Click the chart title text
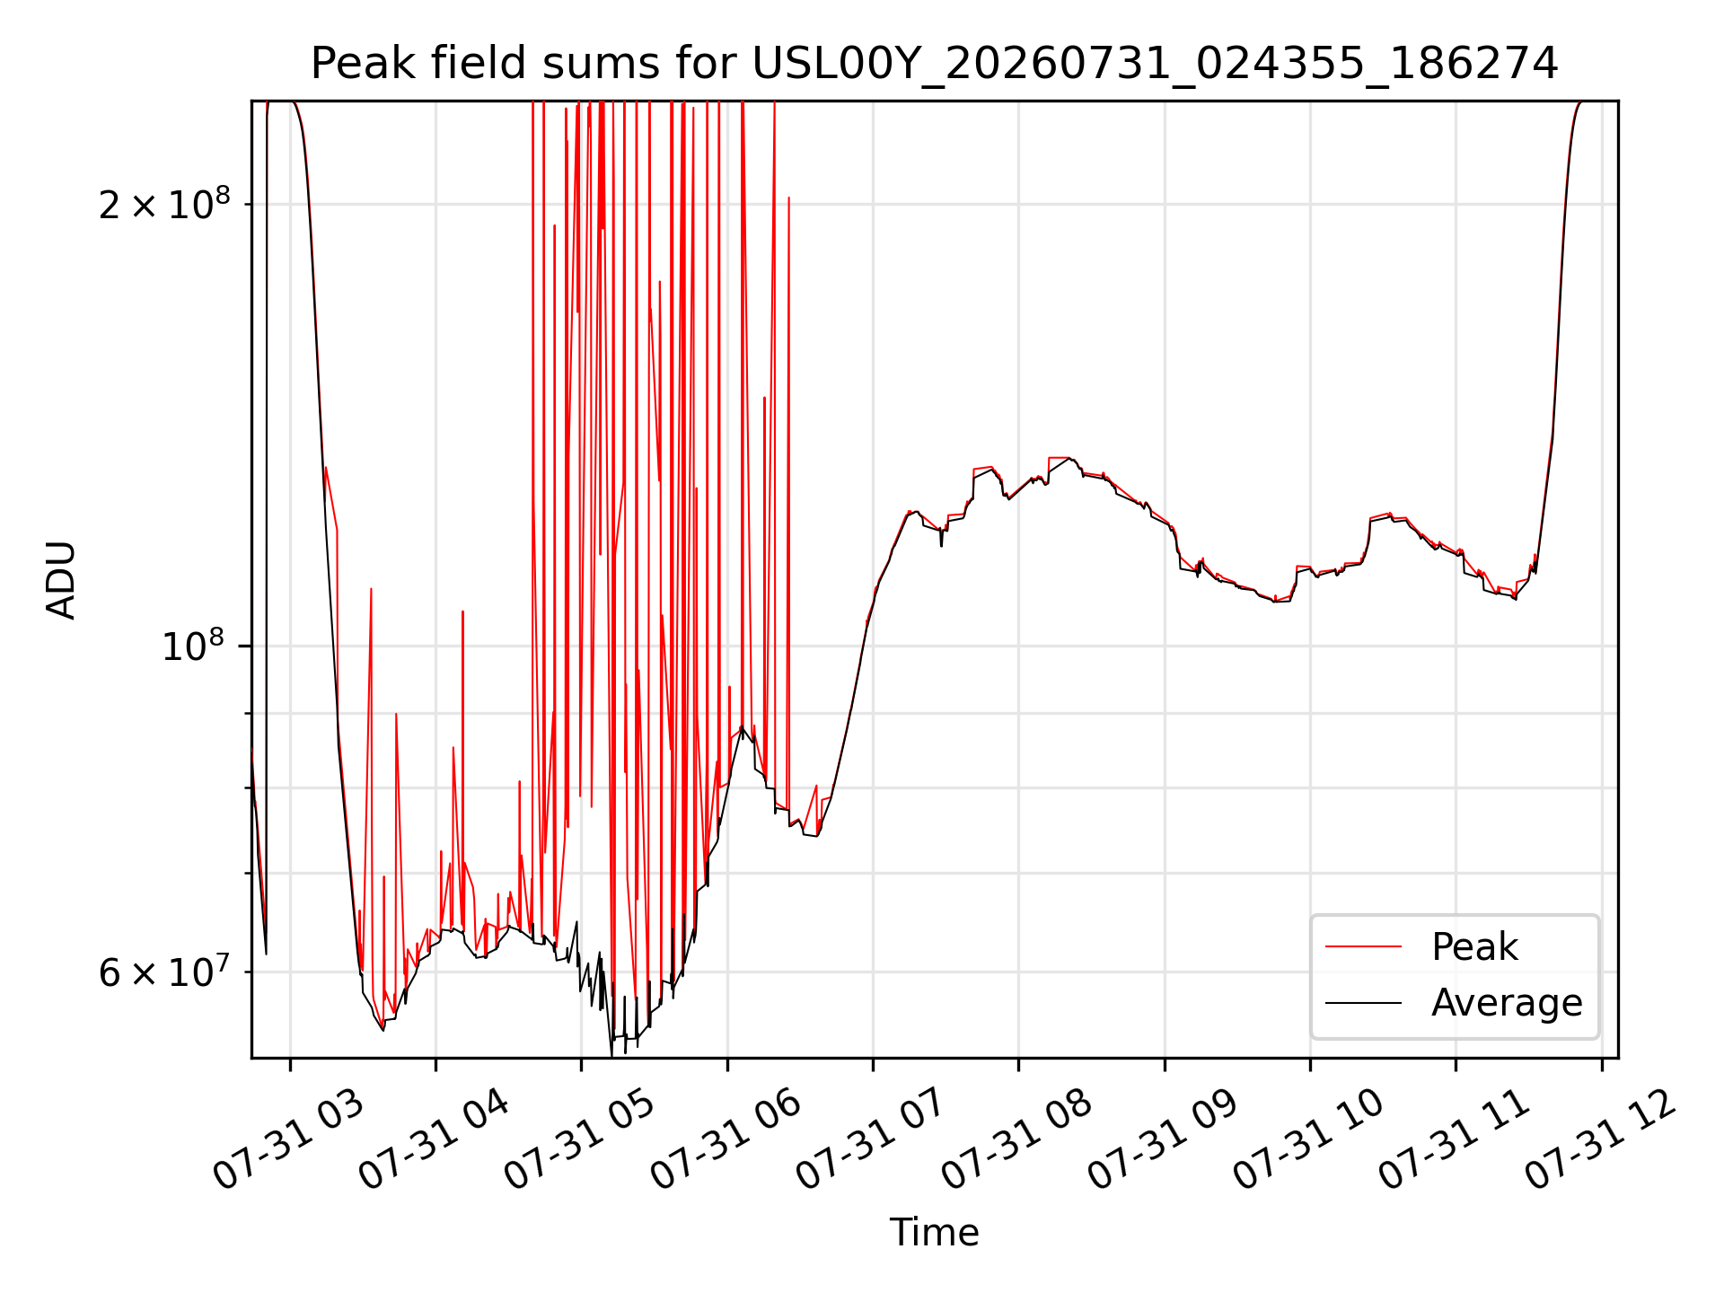934,64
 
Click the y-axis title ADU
61,580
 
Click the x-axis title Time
934,1232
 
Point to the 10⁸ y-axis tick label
196,645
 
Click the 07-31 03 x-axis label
289,1139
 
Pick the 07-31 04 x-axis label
435,1139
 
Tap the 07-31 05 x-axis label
580,1139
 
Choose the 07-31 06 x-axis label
726,1139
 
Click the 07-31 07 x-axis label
872,1139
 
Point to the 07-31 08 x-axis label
1017,1139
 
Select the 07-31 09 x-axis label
1164,1139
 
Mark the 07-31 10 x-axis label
1309,1139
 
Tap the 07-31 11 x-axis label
1455,1139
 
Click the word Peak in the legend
1474,947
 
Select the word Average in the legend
1507,1003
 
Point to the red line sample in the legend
1363,946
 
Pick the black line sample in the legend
1363,1002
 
